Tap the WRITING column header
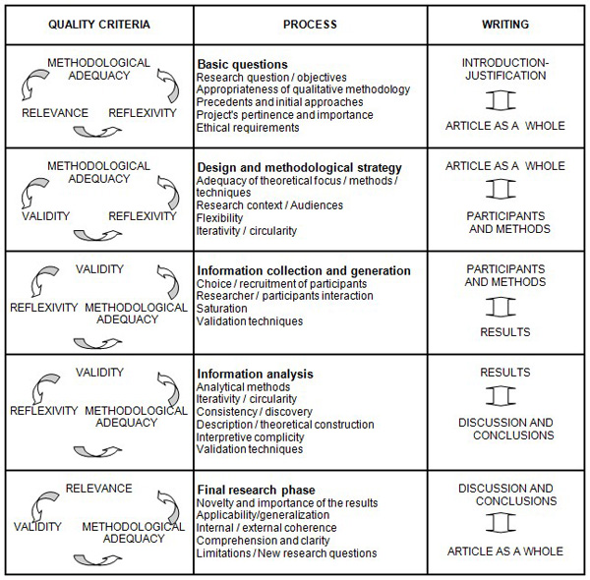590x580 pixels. [504, 24]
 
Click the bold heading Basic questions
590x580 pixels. [242, 64]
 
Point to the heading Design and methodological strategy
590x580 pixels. [299, 167]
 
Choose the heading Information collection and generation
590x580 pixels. [304, 271]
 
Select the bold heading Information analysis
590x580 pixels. [255, 374]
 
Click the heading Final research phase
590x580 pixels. [256, 491]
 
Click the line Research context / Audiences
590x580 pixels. [270, 205]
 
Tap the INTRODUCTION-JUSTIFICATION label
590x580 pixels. [505, 70]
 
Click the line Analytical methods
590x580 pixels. [244, 386]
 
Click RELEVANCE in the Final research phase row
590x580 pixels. [98, 489]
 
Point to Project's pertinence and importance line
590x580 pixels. [285, 115]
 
